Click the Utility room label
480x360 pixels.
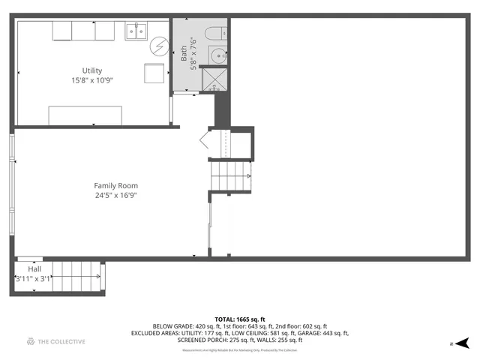(92, 70)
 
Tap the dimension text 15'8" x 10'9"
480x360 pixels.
(92, 79)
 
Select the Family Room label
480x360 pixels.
(115, 185)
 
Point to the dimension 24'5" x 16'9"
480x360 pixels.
(115, 195)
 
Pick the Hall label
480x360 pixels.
(35, 268)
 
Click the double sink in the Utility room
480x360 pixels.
(136, 31)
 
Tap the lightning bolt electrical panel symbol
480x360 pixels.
(158, 46)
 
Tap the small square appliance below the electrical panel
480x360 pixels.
(155, 74)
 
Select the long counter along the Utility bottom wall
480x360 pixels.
(85, 115)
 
